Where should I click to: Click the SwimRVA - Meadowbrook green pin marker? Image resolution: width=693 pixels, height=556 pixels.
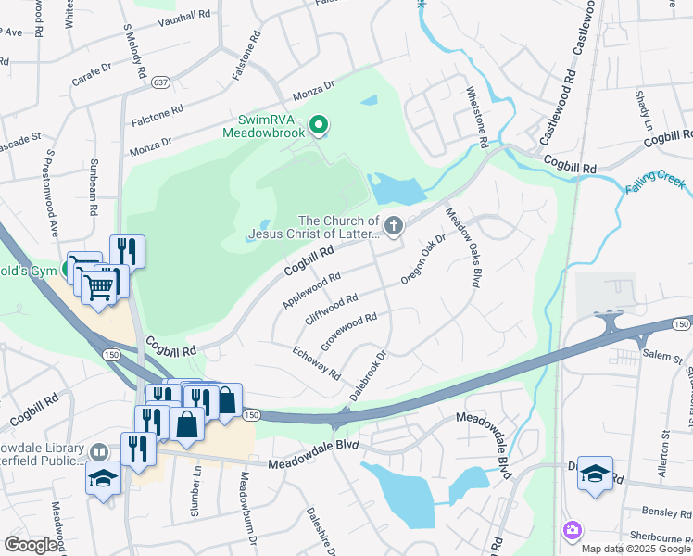tap(319, 123)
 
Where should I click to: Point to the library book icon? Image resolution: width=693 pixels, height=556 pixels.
tap(98, 452)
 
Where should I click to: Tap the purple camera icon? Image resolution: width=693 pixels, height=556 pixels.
tap(572, 530)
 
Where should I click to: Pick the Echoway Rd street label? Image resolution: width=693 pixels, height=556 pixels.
tap(316, 361)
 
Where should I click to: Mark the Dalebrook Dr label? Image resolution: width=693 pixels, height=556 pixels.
tap(367, 375)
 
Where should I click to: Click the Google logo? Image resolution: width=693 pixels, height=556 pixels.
tap(31, 545)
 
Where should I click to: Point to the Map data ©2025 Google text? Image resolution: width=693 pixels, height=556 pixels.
tap(635, 549)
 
